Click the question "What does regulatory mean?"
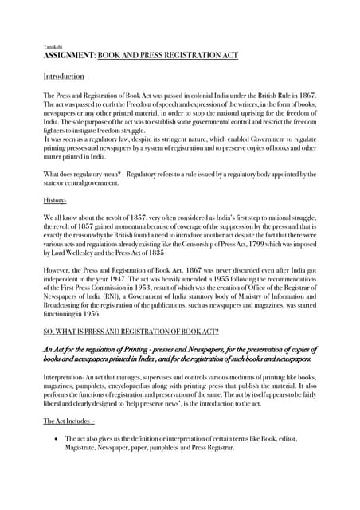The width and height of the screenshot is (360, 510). [x=88, y=174]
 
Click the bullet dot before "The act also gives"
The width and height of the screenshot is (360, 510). [x=54, y=439]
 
